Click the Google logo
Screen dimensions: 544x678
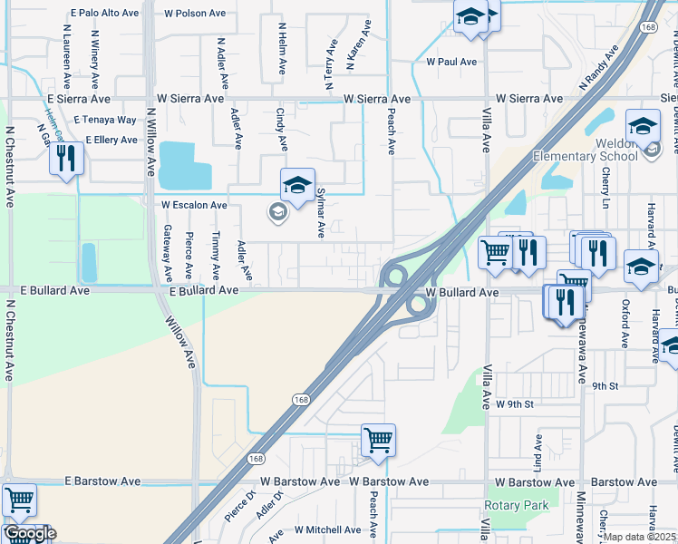point(29,533)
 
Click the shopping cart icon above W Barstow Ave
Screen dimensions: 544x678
point(378,441)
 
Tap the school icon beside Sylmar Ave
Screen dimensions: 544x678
point(296,187)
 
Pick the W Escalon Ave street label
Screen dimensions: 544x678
point(194,205)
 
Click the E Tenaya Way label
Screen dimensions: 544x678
point(105,120)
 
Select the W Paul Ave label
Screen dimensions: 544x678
point(451,63)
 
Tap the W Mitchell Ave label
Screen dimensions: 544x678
point(328,529)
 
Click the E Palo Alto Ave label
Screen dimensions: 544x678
point(105,14)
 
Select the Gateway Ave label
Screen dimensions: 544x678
point(168,252)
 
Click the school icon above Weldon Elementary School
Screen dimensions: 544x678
point(643,126)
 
